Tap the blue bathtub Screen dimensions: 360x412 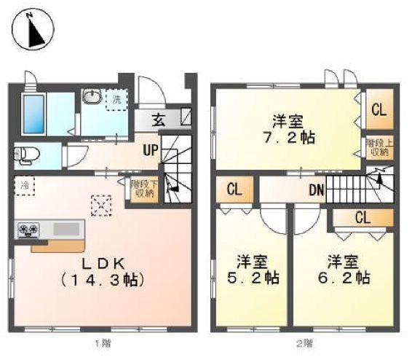(x=33, y=113)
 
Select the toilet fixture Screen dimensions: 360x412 (x=28, y=154)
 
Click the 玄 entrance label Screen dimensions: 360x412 (x=158, y=121)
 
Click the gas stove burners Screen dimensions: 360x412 (x=29, y=230)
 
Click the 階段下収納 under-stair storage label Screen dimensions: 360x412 (x=142, y=189)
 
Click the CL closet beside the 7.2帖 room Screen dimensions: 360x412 (x=378, y=111)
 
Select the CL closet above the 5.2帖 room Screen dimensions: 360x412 (x=234, y=191)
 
